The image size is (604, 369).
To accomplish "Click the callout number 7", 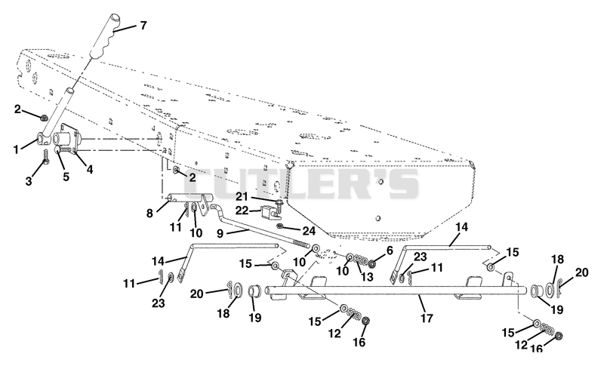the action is (143, 26).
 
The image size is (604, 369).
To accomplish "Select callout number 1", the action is (16, 149).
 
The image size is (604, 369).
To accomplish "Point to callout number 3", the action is (29, 181).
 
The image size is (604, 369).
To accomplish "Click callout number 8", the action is (149, 213).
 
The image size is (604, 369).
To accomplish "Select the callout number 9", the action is (220, 233).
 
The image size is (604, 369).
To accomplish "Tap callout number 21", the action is (242, 197).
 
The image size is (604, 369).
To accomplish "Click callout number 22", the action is (242, 211).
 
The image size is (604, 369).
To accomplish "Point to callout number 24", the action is (309, 231).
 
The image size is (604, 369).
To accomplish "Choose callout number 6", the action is (390, 251).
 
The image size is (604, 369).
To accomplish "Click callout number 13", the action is (367, 276).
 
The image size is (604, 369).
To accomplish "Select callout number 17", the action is (427, 318).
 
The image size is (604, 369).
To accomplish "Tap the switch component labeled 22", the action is (270, 212).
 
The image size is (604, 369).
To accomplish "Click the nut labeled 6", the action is (372, 264).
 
